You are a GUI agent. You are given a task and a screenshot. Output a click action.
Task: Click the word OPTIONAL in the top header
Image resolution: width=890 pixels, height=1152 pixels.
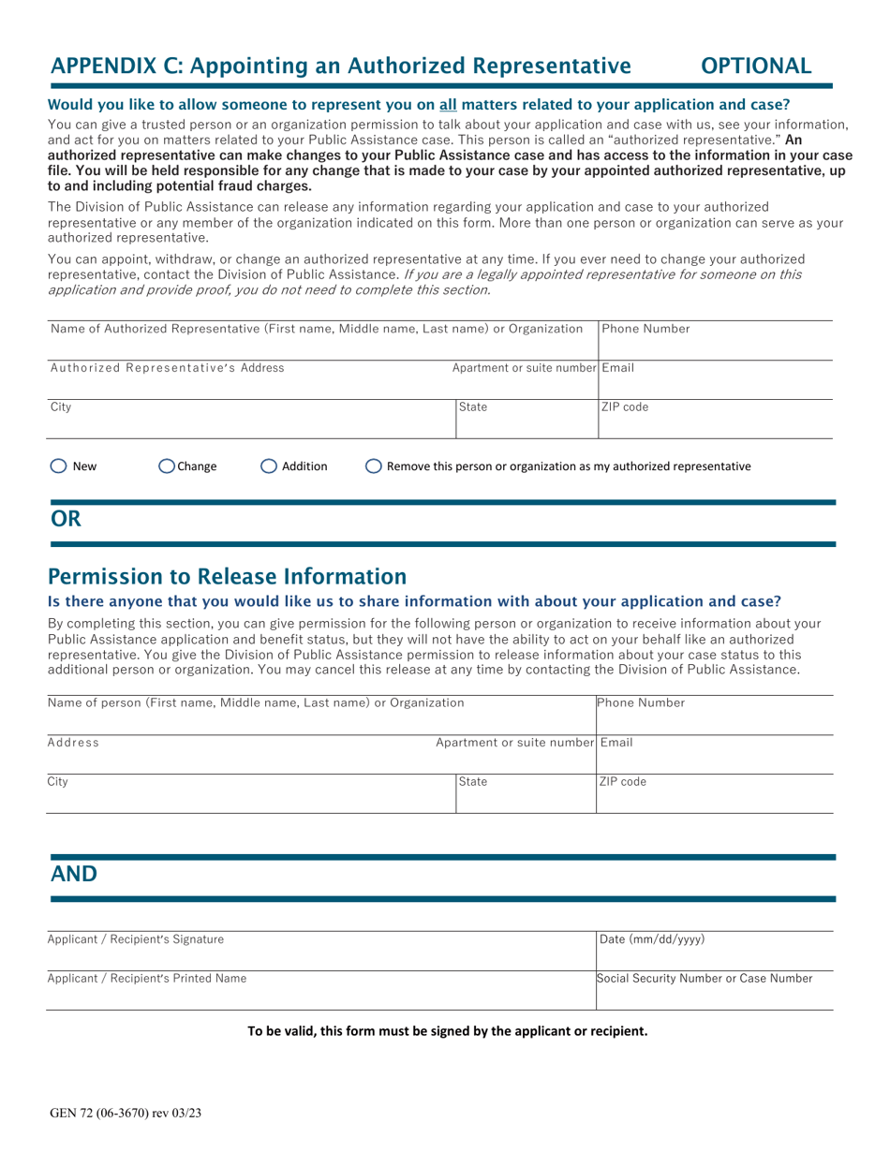click(x=756, y=66)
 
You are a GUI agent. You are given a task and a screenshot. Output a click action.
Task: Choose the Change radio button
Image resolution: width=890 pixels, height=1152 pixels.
click(x=167, y=465)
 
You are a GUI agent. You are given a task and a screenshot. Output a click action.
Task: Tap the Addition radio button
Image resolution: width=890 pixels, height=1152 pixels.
click(x=269, y=465)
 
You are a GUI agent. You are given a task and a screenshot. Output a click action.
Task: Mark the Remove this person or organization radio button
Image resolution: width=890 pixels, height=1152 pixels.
click(x=373, y=465)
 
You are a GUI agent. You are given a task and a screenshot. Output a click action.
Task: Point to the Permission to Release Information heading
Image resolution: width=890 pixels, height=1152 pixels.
click(x=227, y=574)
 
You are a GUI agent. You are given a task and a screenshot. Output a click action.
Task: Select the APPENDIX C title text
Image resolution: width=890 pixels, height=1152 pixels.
click(x=339, y=66)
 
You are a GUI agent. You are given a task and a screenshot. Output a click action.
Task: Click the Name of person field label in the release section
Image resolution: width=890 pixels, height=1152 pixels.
click(x=256, y=702)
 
